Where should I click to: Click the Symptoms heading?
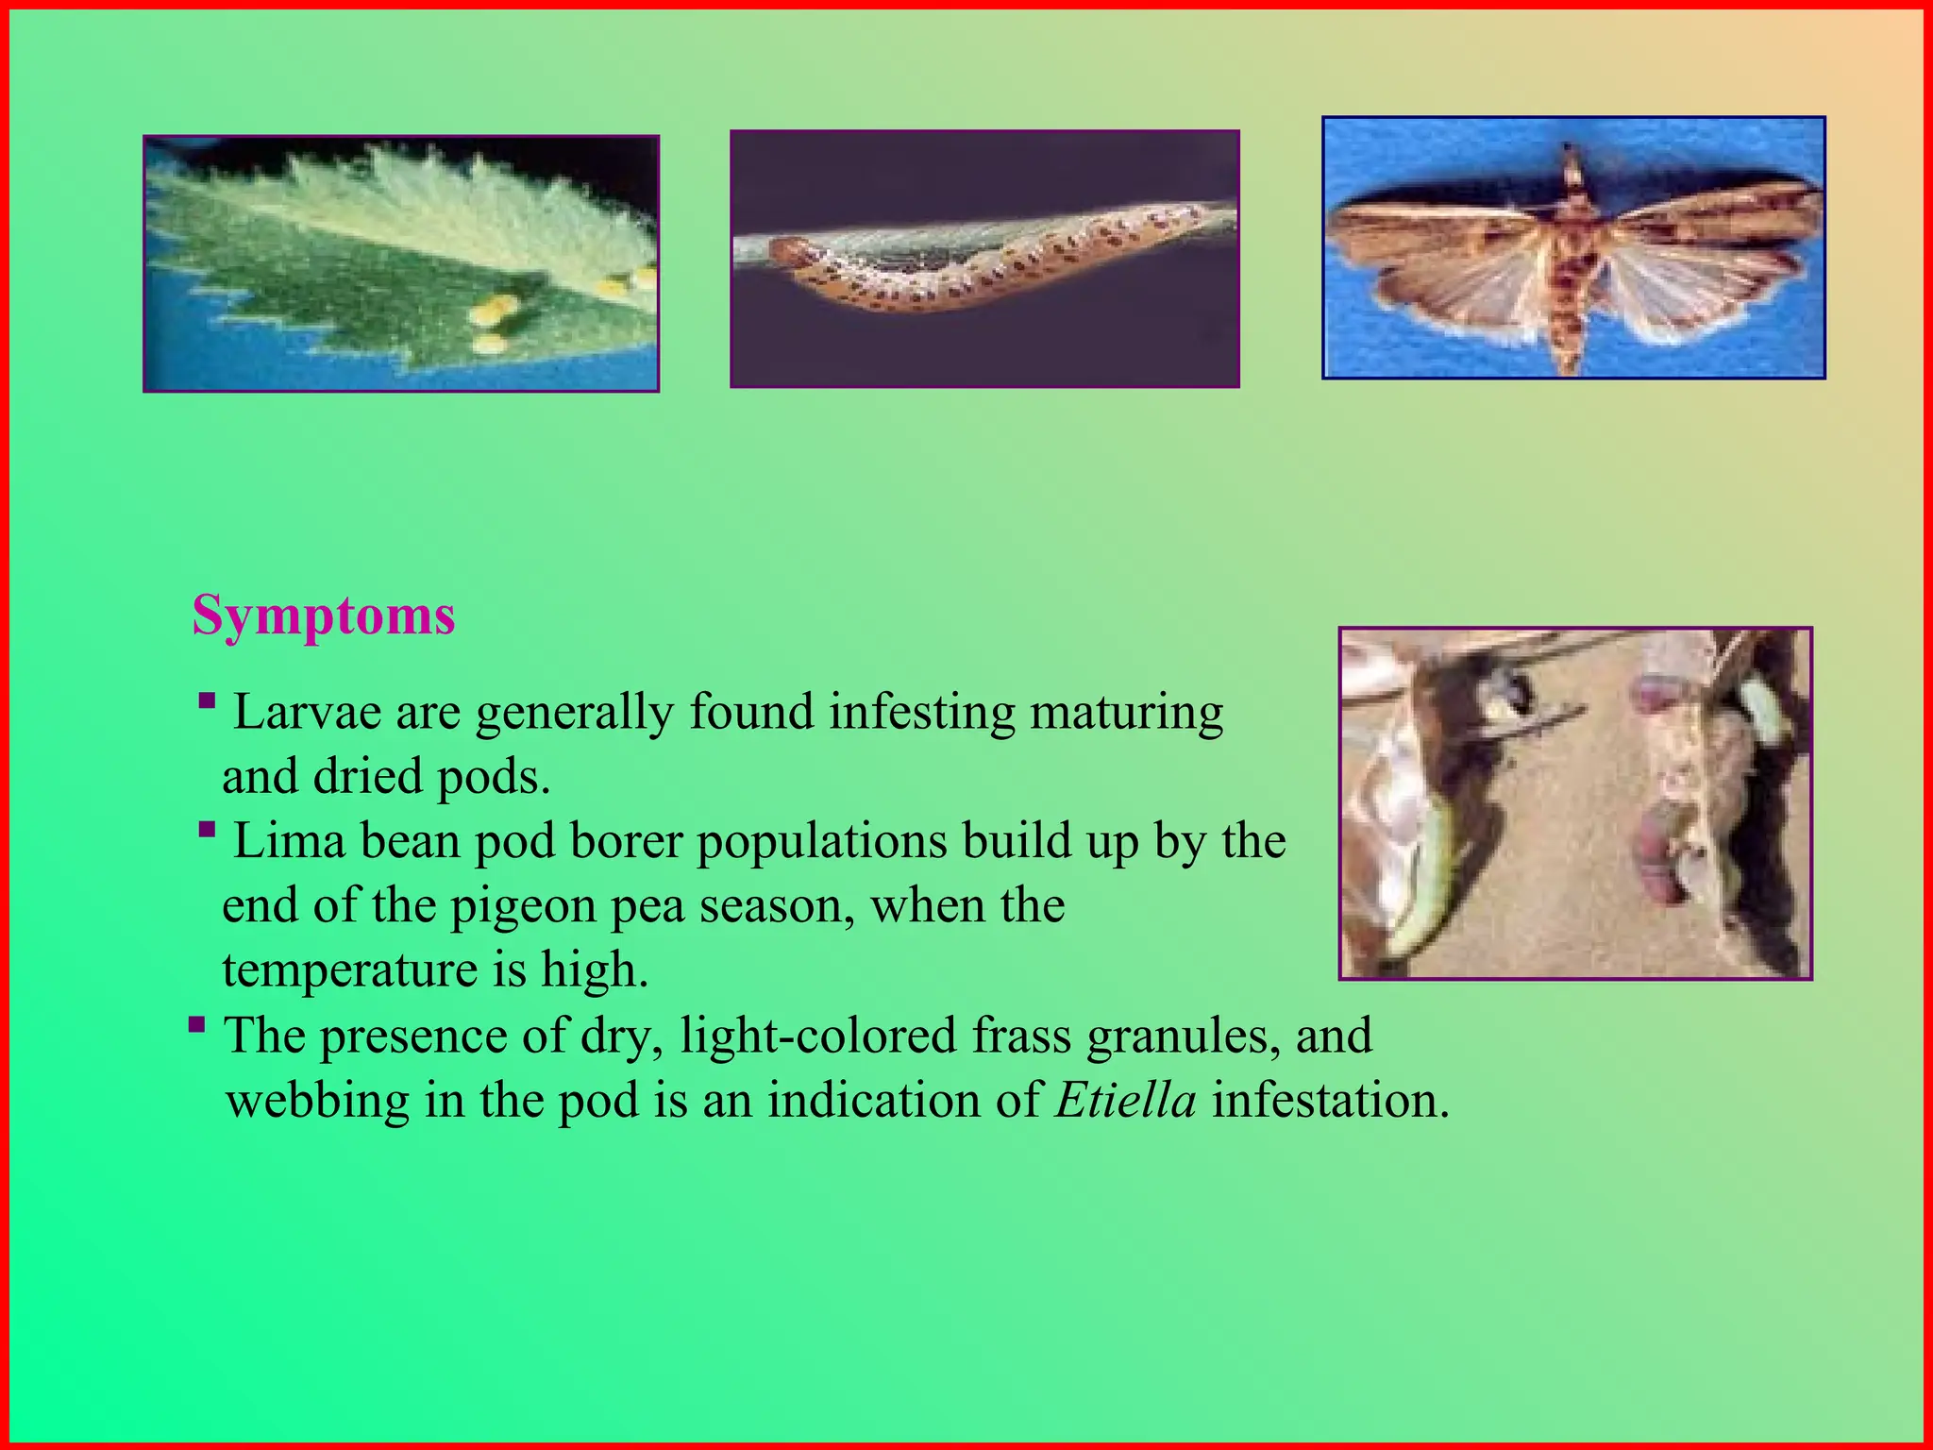pyautogui.click(x=324, y=615)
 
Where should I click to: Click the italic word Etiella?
pyautogui.click(x=1126, y=1100)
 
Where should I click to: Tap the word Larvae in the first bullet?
pyautogui.click(x=307, y=712)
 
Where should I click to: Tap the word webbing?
pyautogui.click(x=318, y=1100)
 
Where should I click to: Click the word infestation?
pyautogui.click(x=1329, y=1100)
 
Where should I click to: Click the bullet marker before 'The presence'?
pyautogui.click(x=196, y=1024)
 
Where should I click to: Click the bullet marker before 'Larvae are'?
pyautogui.click(x=208, y=701)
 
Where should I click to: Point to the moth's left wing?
pyautogui.click(x=1444, y=255)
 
